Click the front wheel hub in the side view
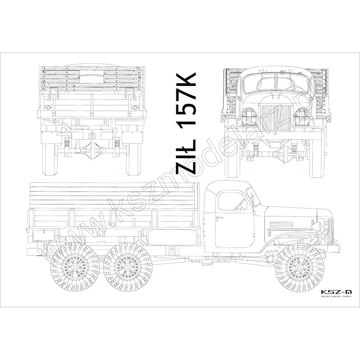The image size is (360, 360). tap(299, 267)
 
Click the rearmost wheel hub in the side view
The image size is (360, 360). tap(75, 267)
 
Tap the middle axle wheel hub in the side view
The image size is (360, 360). tap(128, 267)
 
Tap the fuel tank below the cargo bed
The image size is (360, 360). tap(173, 237)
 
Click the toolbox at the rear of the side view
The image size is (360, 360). tap(44, 235)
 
